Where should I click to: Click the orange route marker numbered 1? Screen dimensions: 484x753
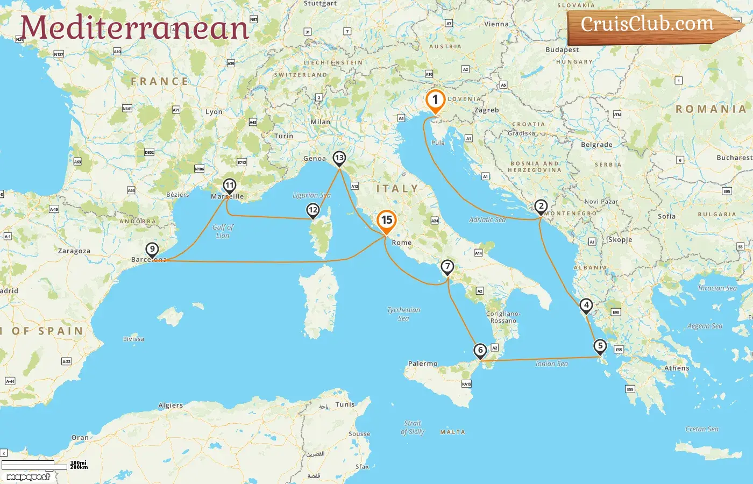click(x=435, y=100)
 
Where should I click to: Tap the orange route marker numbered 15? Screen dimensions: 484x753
click(x=386, y=220)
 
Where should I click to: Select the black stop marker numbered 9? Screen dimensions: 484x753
click(x=152, y=250)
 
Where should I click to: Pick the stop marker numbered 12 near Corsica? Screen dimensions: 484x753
click(x=312, y=210)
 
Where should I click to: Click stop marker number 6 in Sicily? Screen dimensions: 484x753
click(x=480, y=351)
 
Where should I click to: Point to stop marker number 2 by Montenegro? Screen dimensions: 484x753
click(x=541, y=207)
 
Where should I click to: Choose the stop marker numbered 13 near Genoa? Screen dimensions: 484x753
click(x=339, y=158)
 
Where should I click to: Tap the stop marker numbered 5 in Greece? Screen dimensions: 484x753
click(x=600, y=346)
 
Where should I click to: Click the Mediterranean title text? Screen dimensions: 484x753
click(x=134, y=27)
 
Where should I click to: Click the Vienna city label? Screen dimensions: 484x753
click(x=496, y=24)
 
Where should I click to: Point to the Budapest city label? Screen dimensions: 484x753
click(x=562, y=50)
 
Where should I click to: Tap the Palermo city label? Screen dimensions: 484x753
click(x=423, y=364)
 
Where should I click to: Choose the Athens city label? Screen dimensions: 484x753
click(x=677, y=368)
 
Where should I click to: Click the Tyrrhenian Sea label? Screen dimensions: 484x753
click(x=403, y=314)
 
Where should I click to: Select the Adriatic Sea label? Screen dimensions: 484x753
click(x=487, y=219)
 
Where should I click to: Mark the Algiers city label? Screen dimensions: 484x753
click(x=171, y=405)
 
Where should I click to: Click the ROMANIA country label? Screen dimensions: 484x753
click(x=711, y=109)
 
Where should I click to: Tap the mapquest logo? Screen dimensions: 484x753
click(x=29, y=476)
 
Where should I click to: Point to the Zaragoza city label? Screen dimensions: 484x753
click(x=74, y=251)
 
